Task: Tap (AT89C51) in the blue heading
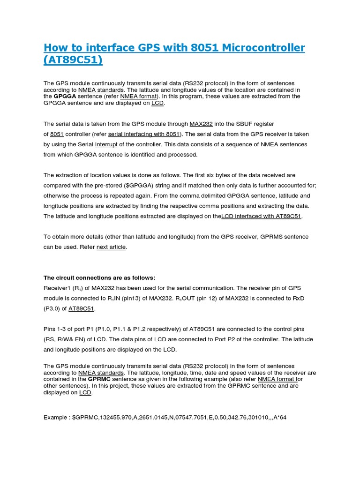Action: (73, 60)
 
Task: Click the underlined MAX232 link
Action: (201, 124)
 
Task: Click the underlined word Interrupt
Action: (107, 144)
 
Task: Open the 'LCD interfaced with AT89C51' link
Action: (262, 216)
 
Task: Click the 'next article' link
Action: (111, 247)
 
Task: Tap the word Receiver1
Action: (57, 288)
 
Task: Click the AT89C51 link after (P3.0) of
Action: (82, 308)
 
